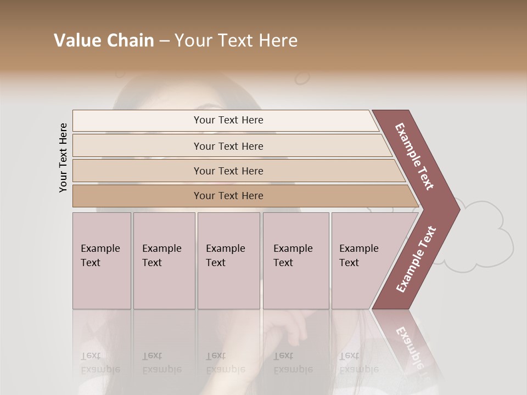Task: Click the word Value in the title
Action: click(76, 41)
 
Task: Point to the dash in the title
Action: click(164, 41)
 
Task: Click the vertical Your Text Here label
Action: click(63, 157)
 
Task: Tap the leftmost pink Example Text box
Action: click(102, 261)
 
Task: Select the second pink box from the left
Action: click(164, 261)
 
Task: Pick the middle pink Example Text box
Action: click(228, 261)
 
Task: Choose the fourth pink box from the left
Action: click(296, 261)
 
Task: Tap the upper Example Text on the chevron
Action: click(414, 156)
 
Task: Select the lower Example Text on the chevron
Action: click(416, 259)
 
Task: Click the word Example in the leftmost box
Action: click(100, 249)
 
